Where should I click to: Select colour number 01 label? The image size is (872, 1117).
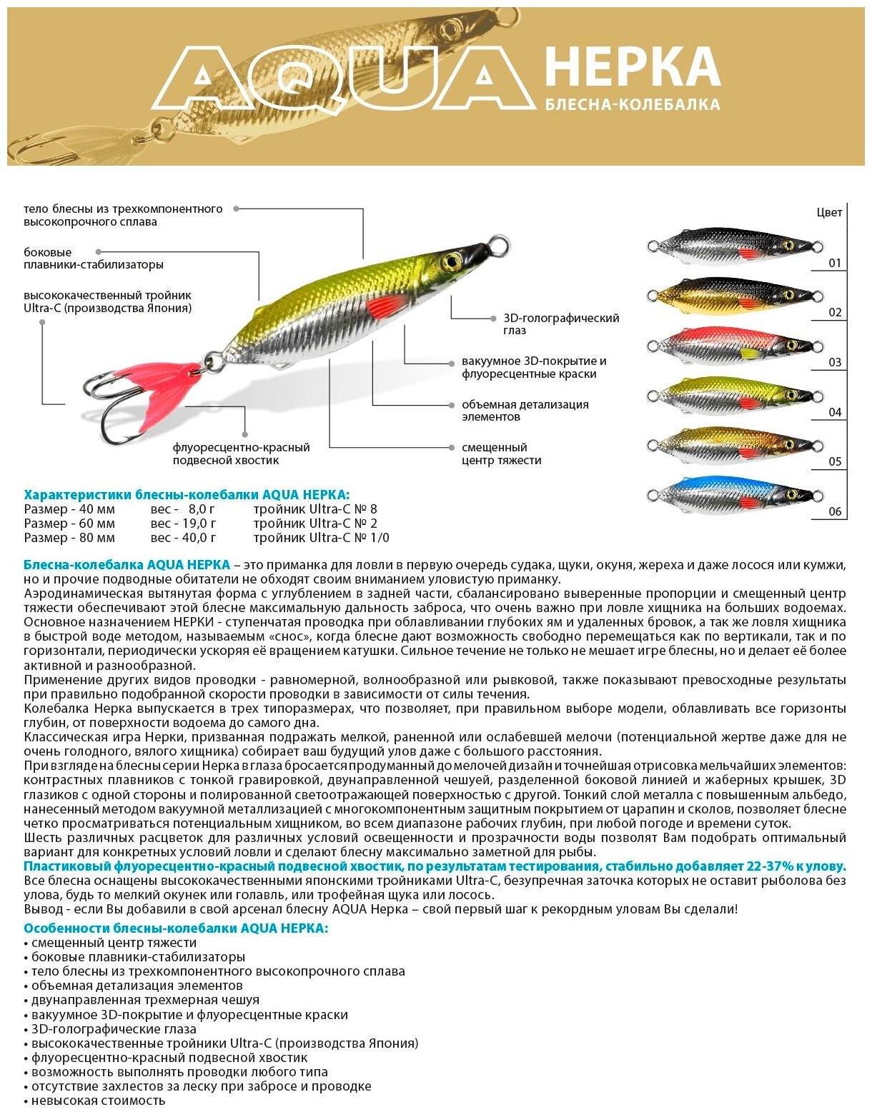pos(835,263)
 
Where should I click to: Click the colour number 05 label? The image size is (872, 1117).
pos(835,461)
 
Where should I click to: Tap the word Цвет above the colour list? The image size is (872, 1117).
pos(829,212)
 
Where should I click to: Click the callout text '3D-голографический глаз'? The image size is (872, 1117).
pos(561,324)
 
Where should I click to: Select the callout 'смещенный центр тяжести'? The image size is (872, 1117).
pos(501,454)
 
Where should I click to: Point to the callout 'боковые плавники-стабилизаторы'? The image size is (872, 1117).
pos(94,259)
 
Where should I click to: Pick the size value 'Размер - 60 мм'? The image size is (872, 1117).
pos(69,524)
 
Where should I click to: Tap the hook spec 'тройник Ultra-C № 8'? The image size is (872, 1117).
pos(314,509)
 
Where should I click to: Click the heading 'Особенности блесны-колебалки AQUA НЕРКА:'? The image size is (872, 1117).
pos(176,928)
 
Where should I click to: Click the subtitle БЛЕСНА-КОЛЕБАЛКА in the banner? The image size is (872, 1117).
pos(632,105)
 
